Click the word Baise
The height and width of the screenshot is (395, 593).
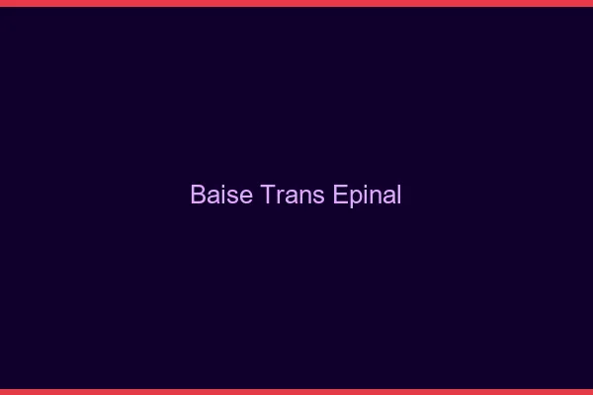click(223, 195)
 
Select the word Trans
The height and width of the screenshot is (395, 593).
click(294, 195)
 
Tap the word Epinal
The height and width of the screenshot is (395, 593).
click(367, 196)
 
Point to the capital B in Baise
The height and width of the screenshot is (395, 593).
click(198, 195)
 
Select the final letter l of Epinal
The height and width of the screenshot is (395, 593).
click(398, 195)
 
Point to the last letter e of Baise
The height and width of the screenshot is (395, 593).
click(248, 197)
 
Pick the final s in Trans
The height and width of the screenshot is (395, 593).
click(318, 197)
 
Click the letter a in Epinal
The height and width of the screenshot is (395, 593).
click(387, 197)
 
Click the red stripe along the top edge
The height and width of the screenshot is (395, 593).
click(296, 3)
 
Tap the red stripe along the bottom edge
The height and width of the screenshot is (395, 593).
click(296, 391)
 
